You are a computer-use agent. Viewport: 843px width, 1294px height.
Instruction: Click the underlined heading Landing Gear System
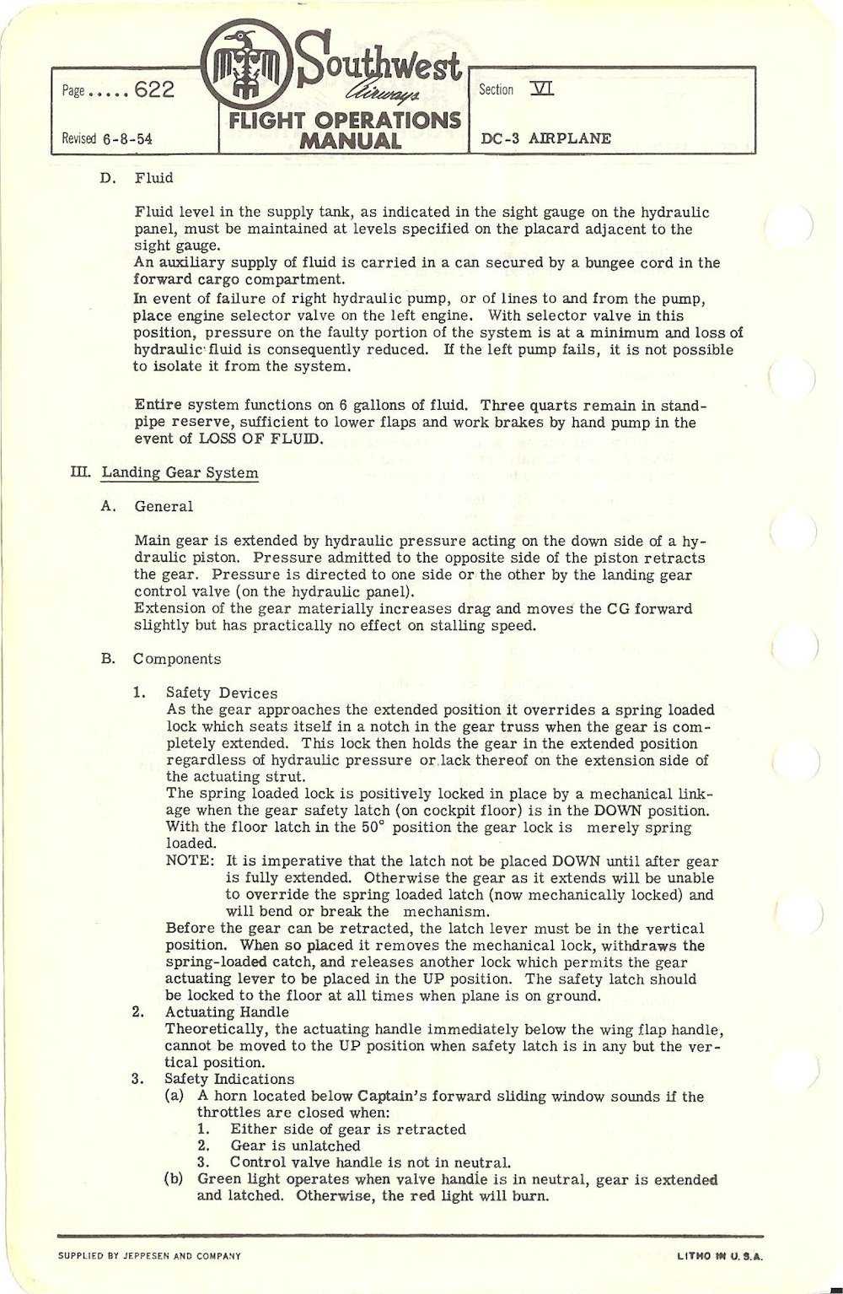pyautogui.click(x=180, y=472)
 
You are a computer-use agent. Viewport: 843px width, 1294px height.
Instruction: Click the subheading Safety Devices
pyautogui.click(x=209, y=693)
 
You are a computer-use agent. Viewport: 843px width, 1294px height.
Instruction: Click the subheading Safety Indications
pyautogui.click(x=229, y=1080)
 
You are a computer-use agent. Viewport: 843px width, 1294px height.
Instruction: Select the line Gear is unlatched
pyautogui.click(x=295, y=1146)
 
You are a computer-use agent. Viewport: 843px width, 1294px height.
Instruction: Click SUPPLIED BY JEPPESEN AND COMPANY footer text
pyautogui.click(x=149, y=1256)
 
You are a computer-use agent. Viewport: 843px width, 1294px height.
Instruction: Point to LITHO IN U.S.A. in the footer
pyautogui.click(x=720, y=1256)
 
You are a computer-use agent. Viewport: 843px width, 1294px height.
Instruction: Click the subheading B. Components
pyautogui.click(x=176, y=659)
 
